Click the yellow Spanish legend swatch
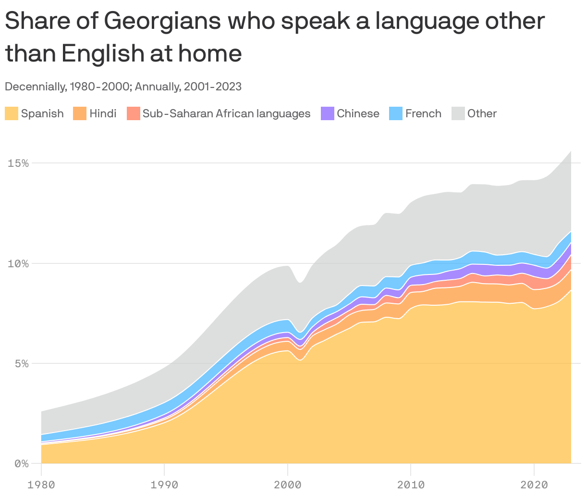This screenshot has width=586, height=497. pos(12,113)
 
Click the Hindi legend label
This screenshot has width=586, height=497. pos(103,113)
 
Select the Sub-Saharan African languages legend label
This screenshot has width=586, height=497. pos(226,113)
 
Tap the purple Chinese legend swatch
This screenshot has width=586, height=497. pos(327,113)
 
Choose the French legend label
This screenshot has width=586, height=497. pos(423,113)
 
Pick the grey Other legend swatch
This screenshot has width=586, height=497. pos(458,113)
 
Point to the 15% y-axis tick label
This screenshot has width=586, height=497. pos(18,163)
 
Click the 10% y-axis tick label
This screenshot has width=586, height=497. pos(18,263)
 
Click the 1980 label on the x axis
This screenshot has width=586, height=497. pos(41,485)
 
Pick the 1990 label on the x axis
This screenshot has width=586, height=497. pos(164,485)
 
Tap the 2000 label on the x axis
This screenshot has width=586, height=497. pos(287,485)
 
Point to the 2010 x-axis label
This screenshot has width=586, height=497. pos(411,485)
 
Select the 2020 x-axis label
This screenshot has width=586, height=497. pos(534,485)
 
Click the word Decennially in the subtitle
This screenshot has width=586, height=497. pos(34,87)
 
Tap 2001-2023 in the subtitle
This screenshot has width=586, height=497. pos(213,87)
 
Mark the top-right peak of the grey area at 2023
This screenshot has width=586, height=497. pos(571,151)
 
